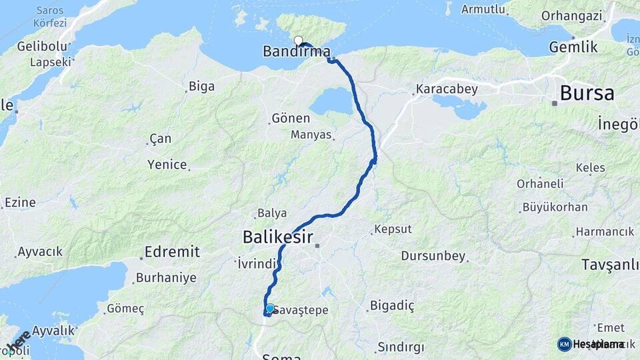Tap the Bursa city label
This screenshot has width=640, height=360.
coord(587,93)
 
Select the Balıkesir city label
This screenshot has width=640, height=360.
coord(277,236)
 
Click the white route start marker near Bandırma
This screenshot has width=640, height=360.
coord(298,40)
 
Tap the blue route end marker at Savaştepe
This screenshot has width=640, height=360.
coord(270,309)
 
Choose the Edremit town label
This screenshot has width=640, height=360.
coord(173,251)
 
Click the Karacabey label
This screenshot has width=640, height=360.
coord(443,88)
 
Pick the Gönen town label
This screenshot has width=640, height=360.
coord(291,119)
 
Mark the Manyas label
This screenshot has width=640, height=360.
coord(311,135)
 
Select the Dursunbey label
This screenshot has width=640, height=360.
coord(433,256)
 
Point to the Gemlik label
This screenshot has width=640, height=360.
coord(573,47)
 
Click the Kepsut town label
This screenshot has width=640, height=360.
coord(393,229)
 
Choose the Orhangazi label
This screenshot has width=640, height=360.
coord(571,15)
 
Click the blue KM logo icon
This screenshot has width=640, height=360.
coord(564,344)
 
